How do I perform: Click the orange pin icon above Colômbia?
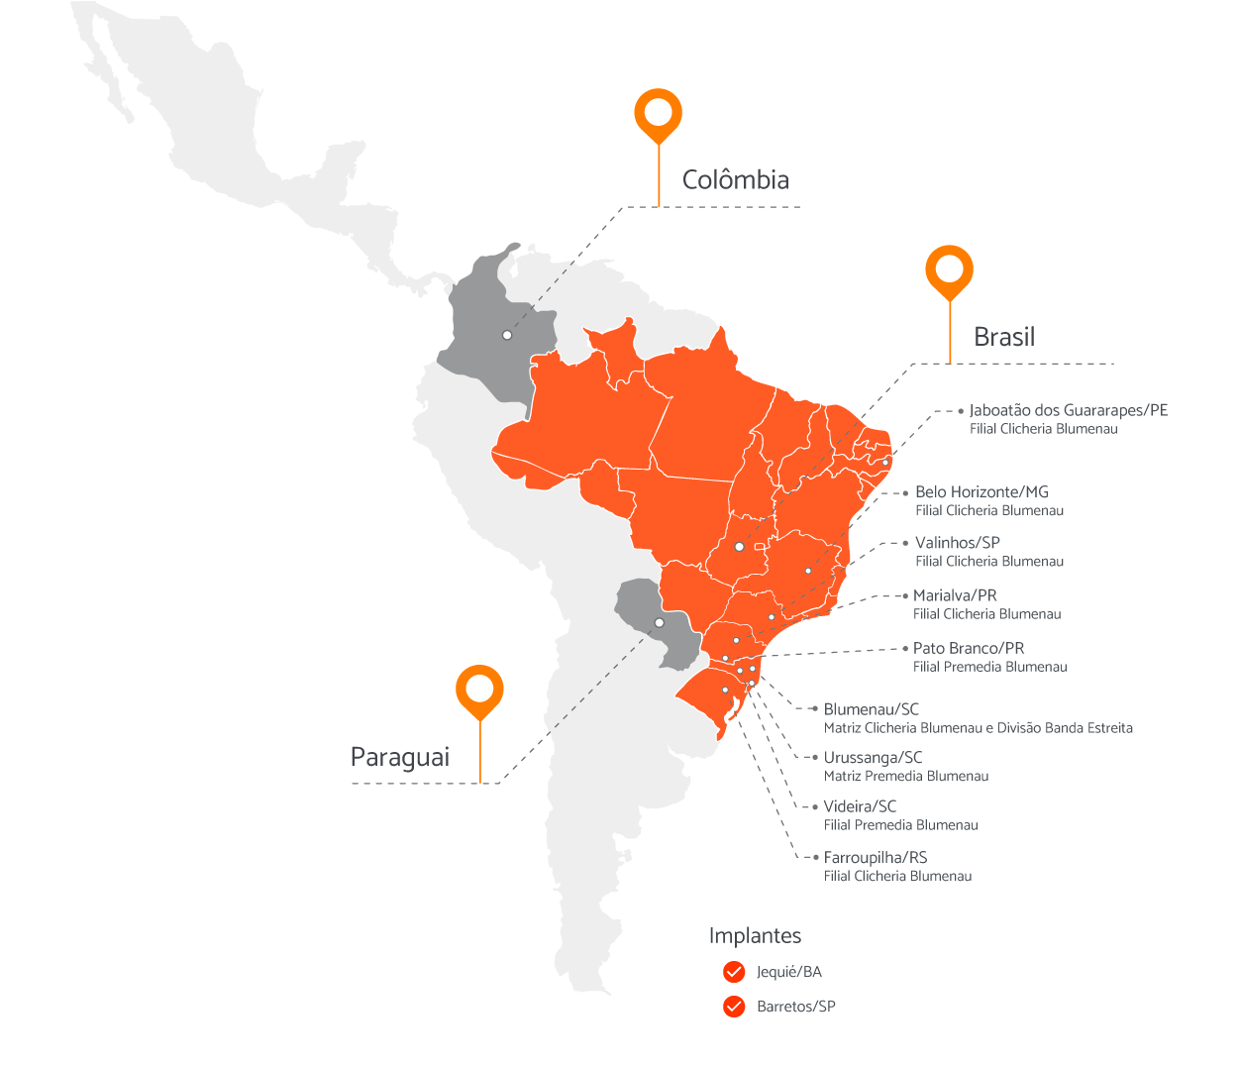pos(658,113)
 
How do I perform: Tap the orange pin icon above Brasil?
pos(949,269)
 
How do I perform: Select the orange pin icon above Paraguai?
pos(480,689)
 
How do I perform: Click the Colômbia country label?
pos(735,180)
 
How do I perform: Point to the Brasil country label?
pos(1003,337)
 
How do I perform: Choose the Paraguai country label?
pos(400,758)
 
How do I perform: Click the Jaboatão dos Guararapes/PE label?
pos(1068,410)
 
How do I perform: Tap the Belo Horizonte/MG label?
pos(981,492)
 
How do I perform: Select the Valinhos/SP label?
pos(957,543)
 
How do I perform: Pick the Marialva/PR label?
pos(955,595)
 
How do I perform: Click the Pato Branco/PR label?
pos(968,648)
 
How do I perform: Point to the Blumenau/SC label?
pos(871,709)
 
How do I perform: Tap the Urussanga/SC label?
pos(873,758)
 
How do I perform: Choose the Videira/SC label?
pos(860,806)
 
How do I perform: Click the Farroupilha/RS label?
pos(876,858)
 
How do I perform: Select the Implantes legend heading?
pos(755,936)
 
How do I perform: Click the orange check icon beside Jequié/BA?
pos(734,972)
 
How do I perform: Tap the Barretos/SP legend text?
pos(795,1007)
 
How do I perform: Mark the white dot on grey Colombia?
pos(507,335)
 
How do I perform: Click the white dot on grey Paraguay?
pos(660,623)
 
